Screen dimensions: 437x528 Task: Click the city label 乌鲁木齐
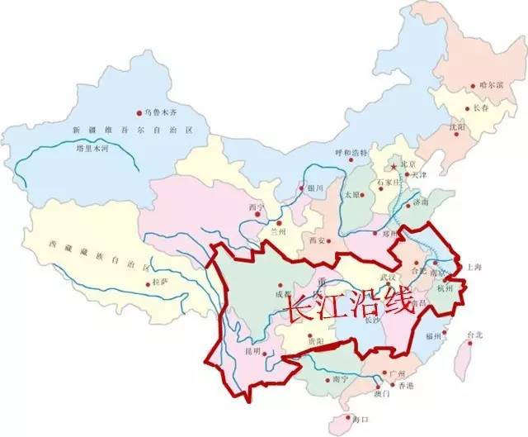tap(162, 112)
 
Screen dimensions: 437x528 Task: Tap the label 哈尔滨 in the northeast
tap(488, 85)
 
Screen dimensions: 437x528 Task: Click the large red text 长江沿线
tap(346, 306)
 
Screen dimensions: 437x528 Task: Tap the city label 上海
tap(474, 268)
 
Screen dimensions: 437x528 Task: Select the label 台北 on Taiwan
tap(475, 335)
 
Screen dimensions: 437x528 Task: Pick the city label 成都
tap(283, 293)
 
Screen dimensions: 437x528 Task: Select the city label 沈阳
tap(460, 128)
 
